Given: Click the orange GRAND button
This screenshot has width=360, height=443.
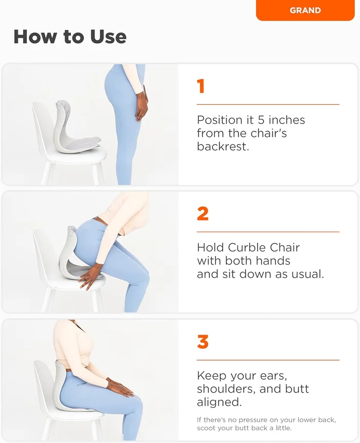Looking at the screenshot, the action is point(305,10).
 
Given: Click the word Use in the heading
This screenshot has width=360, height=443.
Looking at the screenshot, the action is point(109,37).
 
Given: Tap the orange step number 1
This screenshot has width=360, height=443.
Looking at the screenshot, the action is point(201,86).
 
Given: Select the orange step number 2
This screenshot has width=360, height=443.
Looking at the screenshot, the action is point(203,214).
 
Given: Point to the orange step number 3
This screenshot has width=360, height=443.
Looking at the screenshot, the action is point(203,342).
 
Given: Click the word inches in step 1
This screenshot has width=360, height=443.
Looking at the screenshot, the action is point(286,120).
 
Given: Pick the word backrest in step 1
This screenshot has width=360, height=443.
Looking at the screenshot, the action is point(223,146).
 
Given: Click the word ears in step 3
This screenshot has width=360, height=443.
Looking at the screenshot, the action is point(274,376).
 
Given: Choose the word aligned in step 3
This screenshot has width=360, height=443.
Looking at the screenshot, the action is point(219,402).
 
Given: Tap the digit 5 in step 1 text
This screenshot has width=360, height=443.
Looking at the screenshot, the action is point(261,120).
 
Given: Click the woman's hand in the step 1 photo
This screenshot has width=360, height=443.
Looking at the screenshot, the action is point(141,108).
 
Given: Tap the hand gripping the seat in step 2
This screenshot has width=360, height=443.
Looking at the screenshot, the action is point(90,278).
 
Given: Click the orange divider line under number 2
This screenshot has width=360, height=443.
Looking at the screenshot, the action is point(268,232).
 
